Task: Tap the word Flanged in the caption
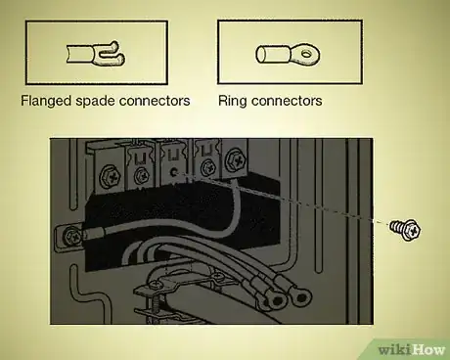(x=45, y=100)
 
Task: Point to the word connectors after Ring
(x=288, y=100)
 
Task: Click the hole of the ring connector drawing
(x=300, y=54)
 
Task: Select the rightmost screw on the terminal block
(x=235, y=157)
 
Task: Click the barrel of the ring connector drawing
(x=269, y=54)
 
